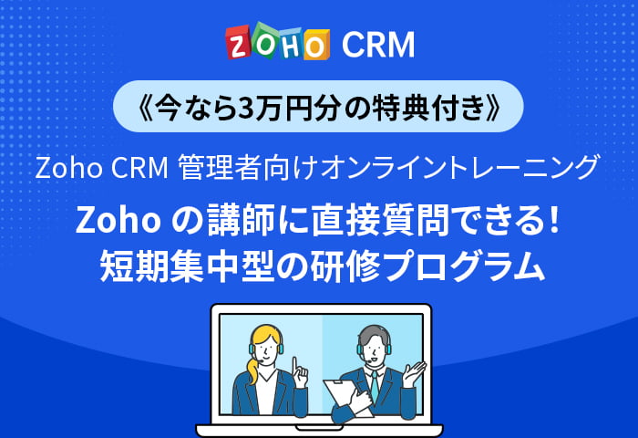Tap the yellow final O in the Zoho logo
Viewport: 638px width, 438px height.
[x=313, y=44]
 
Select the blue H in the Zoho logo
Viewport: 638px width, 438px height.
[x=289, y=44]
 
